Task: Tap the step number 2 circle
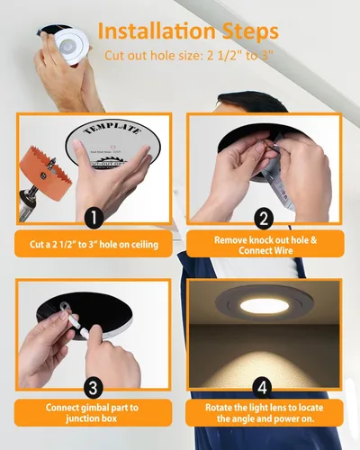264,217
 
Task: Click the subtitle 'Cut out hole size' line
190,55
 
